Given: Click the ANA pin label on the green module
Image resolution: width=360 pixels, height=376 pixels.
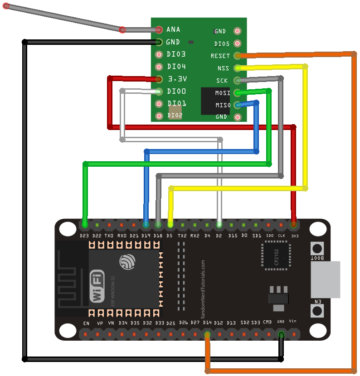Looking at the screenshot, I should (173, 29).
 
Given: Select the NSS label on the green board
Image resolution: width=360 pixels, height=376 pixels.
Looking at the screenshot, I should (223, 68).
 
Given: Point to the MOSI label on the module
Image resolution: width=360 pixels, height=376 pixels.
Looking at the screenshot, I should (222, 93).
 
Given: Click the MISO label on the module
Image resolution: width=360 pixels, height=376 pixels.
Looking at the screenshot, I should (222, 105).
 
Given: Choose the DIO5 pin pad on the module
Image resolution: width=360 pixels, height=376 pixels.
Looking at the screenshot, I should (237, 44).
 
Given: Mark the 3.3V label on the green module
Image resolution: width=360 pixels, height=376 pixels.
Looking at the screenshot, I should (177, 79).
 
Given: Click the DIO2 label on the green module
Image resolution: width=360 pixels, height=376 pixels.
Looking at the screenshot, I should (175, 116).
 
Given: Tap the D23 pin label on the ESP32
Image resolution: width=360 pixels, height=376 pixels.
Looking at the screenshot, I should (84, 236).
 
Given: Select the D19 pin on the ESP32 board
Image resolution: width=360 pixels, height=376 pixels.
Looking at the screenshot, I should (146, 224).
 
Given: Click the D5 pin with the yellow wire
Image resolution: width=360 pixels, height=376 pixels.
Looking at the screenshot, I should (170, 224).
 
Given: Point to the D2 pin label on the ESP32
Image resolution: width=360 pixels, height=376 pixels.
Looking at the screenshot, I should (219, 236).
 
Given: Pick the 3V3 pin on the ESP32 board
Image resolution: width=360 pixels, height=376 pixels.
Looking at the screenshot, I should (294, 224).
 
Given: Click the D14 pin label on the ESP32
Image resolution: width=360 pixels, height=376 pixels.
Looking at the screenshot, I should (207, 323).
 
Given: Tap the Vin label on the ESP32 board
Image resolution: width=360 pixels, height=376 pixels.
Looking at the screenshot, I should (292, 321).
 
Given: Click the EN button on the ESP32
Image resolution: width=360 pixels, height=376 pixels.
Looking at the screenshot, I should (317, 311).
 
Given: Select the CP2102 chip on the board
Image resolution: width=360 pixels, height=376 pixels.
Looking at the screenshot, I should (276, 256).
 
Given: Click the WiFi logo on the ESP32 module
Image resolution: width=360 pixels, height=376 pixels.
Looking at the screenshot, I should (97, 286).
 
